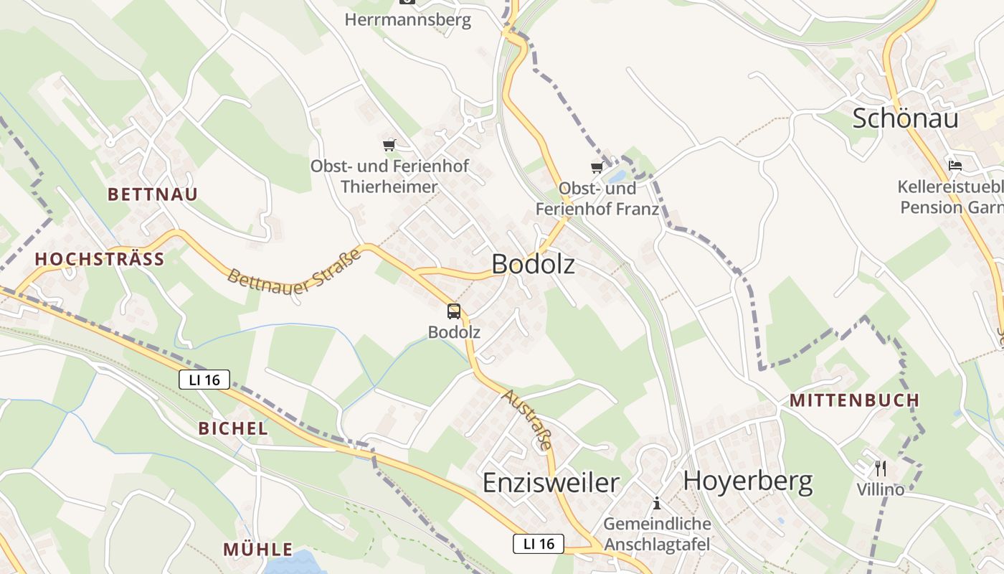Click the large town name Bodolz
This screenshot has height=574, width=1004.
(533, 264)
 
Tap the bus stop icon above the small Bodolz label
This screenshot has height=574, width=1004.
(454, 311)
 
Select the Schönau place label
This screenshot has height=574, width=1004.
(905, 118)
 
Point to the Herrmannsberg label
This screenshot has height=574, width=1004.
(408, 19)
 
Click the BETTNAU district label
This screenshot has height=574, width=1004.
(153, 194)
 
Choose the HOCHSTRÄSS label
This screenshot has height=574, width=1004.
(100, 259)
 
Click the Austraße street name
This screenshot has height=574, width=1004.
(528, 419)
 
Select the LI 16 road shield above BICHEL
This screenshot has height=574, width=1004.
(204, 380)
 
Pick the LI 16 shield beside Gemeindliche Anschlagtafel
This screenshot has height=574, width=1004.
(539, 544)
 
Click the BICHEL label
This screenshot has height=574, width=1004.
(233, 429)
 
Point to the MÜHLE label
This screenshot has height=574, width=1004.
(258, 550)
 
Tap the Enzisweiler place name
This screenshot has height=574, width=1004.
(551, 482)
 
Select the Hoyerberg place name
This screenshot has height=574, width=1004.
(748, 481)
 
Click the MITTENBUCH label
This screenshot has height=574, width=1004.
(854, 400)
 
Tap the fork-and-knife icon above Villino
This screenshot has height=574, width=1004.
(881, 469)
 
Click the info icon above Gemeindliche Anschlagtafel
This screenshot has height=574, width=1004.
(656, 503)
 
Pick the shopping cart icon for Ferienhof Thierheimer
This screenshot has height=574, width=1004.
(389, 146)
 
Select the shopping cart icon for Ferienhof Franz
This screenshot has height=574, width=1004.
(597, 168)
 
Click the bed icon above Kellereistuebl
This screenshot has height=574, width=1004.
(955, 165)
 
